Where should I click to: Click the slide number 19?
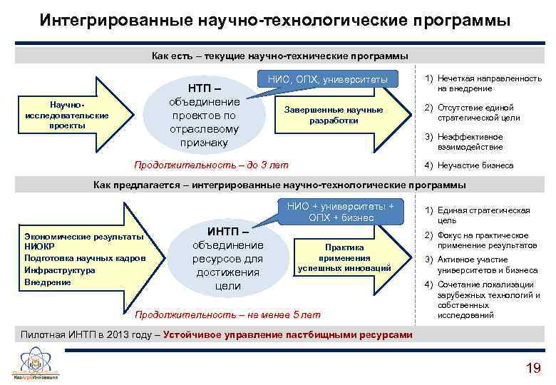532,368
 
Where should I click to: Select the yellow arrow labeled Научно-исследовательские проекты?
68,115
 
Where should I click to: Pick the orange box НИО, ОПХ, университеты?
328,79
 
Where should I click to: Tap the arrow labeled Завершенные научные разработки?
335,115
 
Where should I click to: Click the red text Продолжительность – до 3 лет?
212,165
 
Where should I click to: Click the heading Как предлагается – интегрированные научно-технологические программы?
280,185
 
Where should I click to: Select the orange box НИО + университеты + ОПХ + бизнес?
340,212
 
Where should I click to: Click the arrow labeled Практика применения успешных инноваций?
344,257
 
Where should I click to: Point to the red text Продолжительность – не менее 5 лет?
227,314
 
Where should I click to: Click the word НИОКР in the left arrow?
40,247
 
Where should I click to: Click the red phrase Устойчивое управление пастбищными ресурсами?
288,335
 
